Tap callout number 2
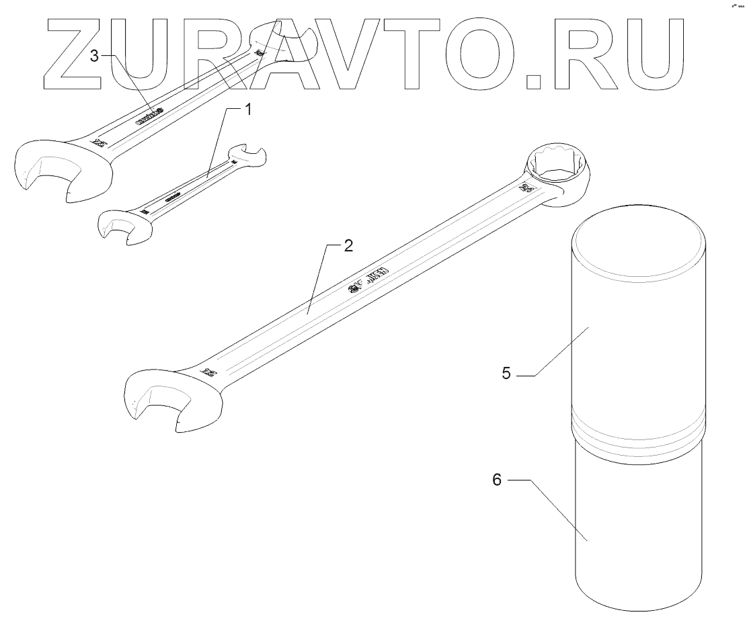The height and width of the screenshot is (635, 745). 347,245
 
